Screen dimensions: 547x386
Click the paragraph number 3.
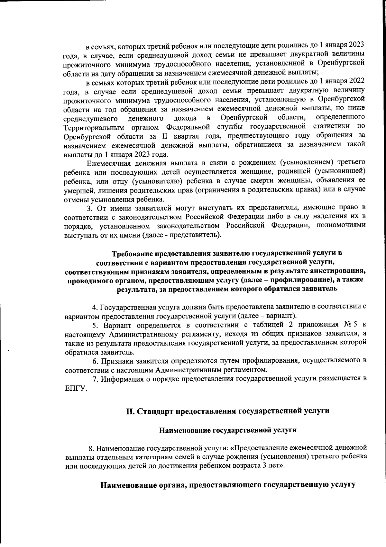coord(93,207)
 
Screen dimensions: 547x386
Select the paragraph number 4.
coord(94,307)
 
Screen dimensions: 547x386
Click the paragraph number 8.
coord(91,448)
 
